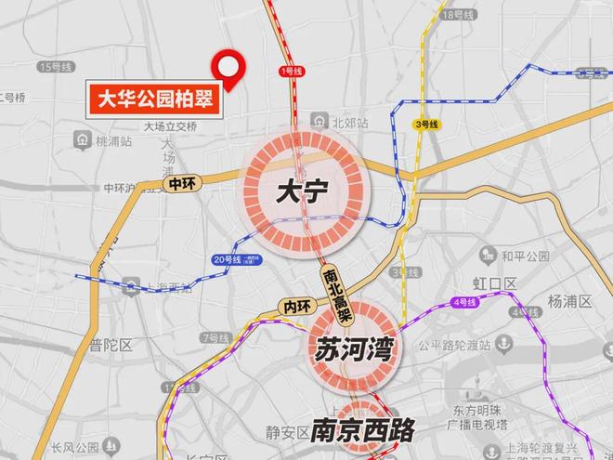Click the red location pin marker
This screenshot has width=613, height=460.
(228, 66)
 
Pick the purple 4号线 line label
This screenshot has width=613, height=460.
(463, 302)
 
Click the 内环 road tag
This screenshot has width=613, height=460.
(295, 304)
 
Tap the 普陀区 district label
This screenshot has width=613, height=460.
(111, 345)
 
